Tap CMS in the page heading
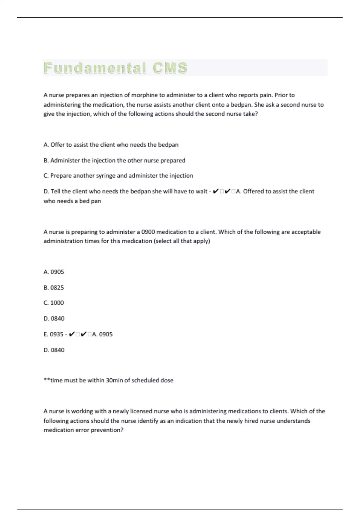pyautogui.click(x=170, y=68)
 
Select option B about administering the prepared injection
pyautogui.click(x=114, y=160)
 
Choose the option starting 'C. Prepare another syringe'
pyautogui.click(x=118, y=176)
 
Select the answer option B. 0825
pyautogui.click(x=54, y=288)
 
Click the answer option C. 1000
pyautogui.click(x=54, y=303)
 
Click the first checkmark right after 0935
pyautogui.click(x=72, y=334)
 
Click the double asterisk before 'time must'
pyautogui.click(x=47, y=380)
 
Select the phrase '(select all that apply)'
pyautogui.click(x=182, y=241)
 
